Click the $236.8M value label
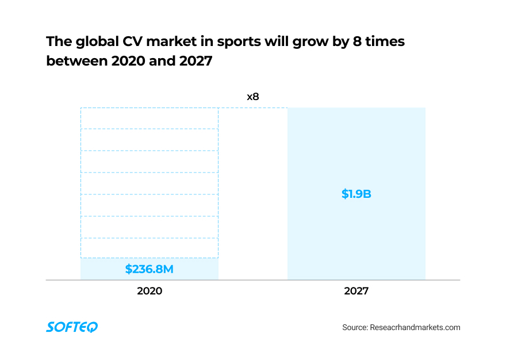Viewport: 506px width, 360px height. point(149,269)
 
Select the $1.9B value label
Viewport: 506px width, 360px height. point(356,194)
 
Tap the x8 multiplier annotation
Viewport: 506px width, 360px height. point(253,97)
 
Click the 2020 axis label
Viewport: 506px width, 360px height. point(149,291)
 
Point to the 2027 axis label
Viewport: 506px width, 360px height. point(356,291)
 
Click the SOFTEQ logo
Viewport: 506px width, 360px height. point(72,327)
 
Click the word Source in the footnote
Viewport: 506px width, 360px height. point(355,327)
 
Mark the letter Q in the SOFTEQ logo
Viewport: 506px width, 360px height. point(93,327)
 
